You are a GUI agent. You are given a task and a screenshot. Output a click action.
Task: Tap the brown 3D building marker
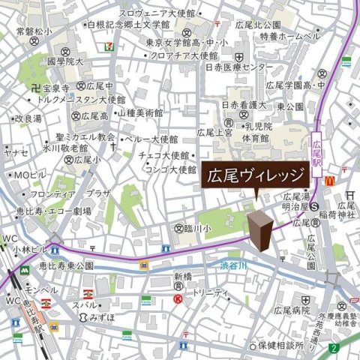260,229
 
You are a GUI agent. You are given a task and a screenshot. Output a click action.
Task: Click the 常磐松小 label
34,31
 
